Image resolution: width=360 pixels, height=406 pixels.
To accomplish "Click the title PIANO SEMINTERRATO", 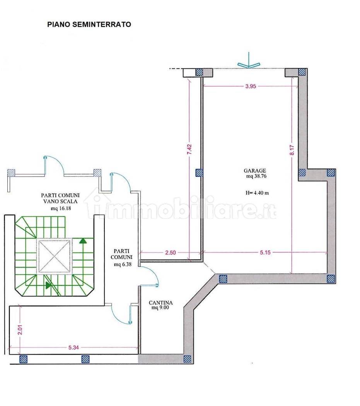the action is point(89,24).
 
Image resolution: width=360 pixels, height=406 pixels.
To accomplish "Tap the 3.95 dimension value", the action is point(251,86).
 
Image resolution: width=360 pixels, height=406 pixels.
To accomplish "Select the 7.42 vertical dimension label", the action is point(189,150).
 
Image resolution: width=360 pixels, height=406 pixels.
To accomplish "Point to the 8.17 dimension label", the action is point(292,150).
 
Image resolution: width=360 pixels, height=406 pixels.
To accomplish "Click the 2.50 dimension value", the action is point(171,252).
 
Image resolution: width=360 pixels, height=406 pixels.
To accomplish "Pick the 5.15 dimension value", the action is point(265,252).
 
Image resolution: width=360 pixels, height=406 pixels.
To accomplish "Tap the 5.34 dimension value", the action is point(73,348).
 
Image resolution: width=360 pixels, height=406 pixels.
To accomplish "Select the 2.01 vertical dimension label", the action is point(20,329).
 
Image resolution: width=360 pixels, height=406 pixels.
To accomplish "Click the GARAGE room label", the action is point(255,171).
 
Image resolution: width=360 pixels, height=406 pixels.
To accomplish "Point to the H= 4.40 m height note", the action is point(257,193).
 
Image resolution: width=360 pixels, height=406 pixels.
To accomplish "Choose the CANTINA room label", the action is point(160,302).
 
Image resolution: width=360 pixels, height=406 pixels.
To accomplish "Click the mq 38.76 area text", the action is point(256,176).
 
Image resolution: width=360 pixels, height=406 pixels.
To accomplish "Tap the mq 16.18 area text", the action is point(61,208).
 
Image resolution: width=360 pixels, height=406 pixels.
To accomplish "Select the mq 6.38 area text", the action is point(123,264).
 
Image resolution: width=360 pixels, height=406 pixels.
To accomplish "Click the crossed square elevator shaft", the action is point(55,256).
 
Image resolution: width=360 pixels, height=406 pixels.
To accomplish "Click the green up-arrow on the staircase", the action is point(83,241).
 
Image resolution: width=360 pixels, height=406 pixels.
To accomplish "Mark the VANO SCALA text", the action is point(60,201).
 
